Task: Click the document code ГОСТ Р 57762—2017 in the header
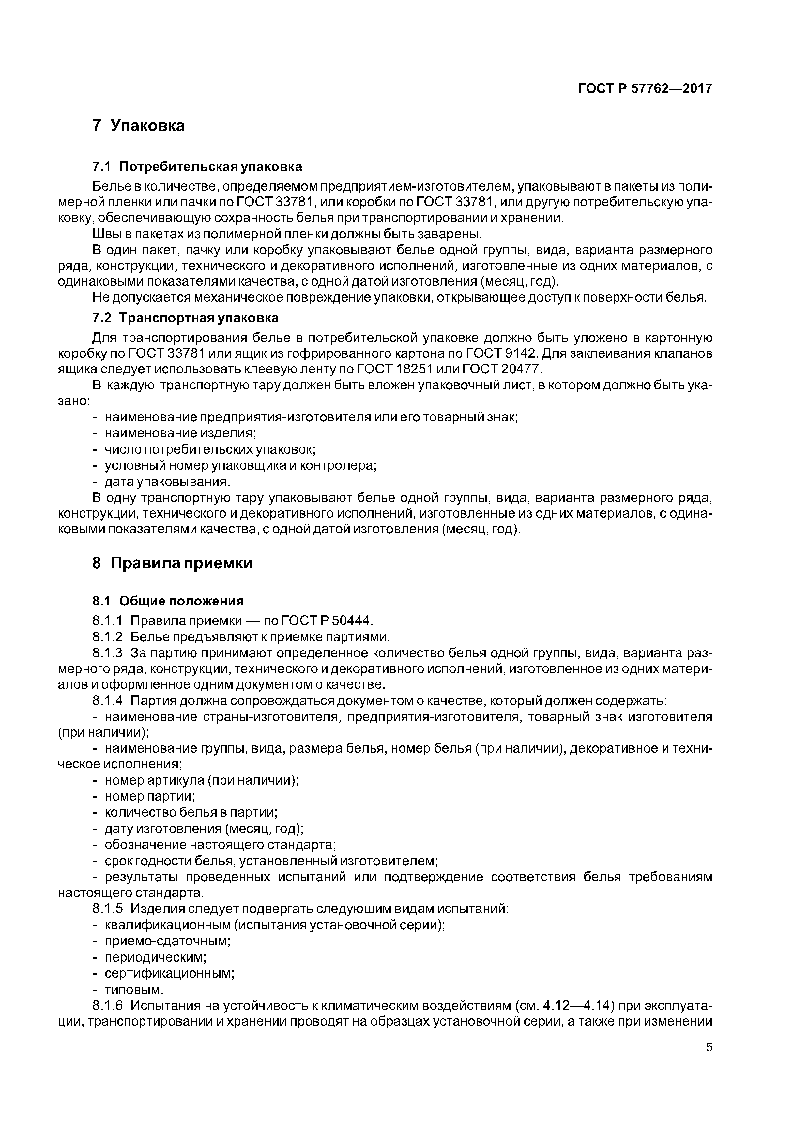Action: pyautogui.click(x=645, y=89)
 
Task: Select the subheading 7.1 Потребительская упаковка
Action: pyautogui.click(x=197, y=166)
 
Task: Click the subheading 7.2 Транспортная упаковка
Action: pyautogui.click(x=185, y=318)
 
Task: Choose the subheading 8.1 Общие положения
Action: pyautogui.click(x=168, y=601)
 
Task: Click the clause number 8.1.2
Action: pyautogui.click(x=107, y=637)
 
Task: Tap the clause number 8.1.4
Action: pyautogui.click(x=107, y=701)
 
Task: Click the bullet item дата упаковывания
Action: pyautogui.click(x=167, y=482)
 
